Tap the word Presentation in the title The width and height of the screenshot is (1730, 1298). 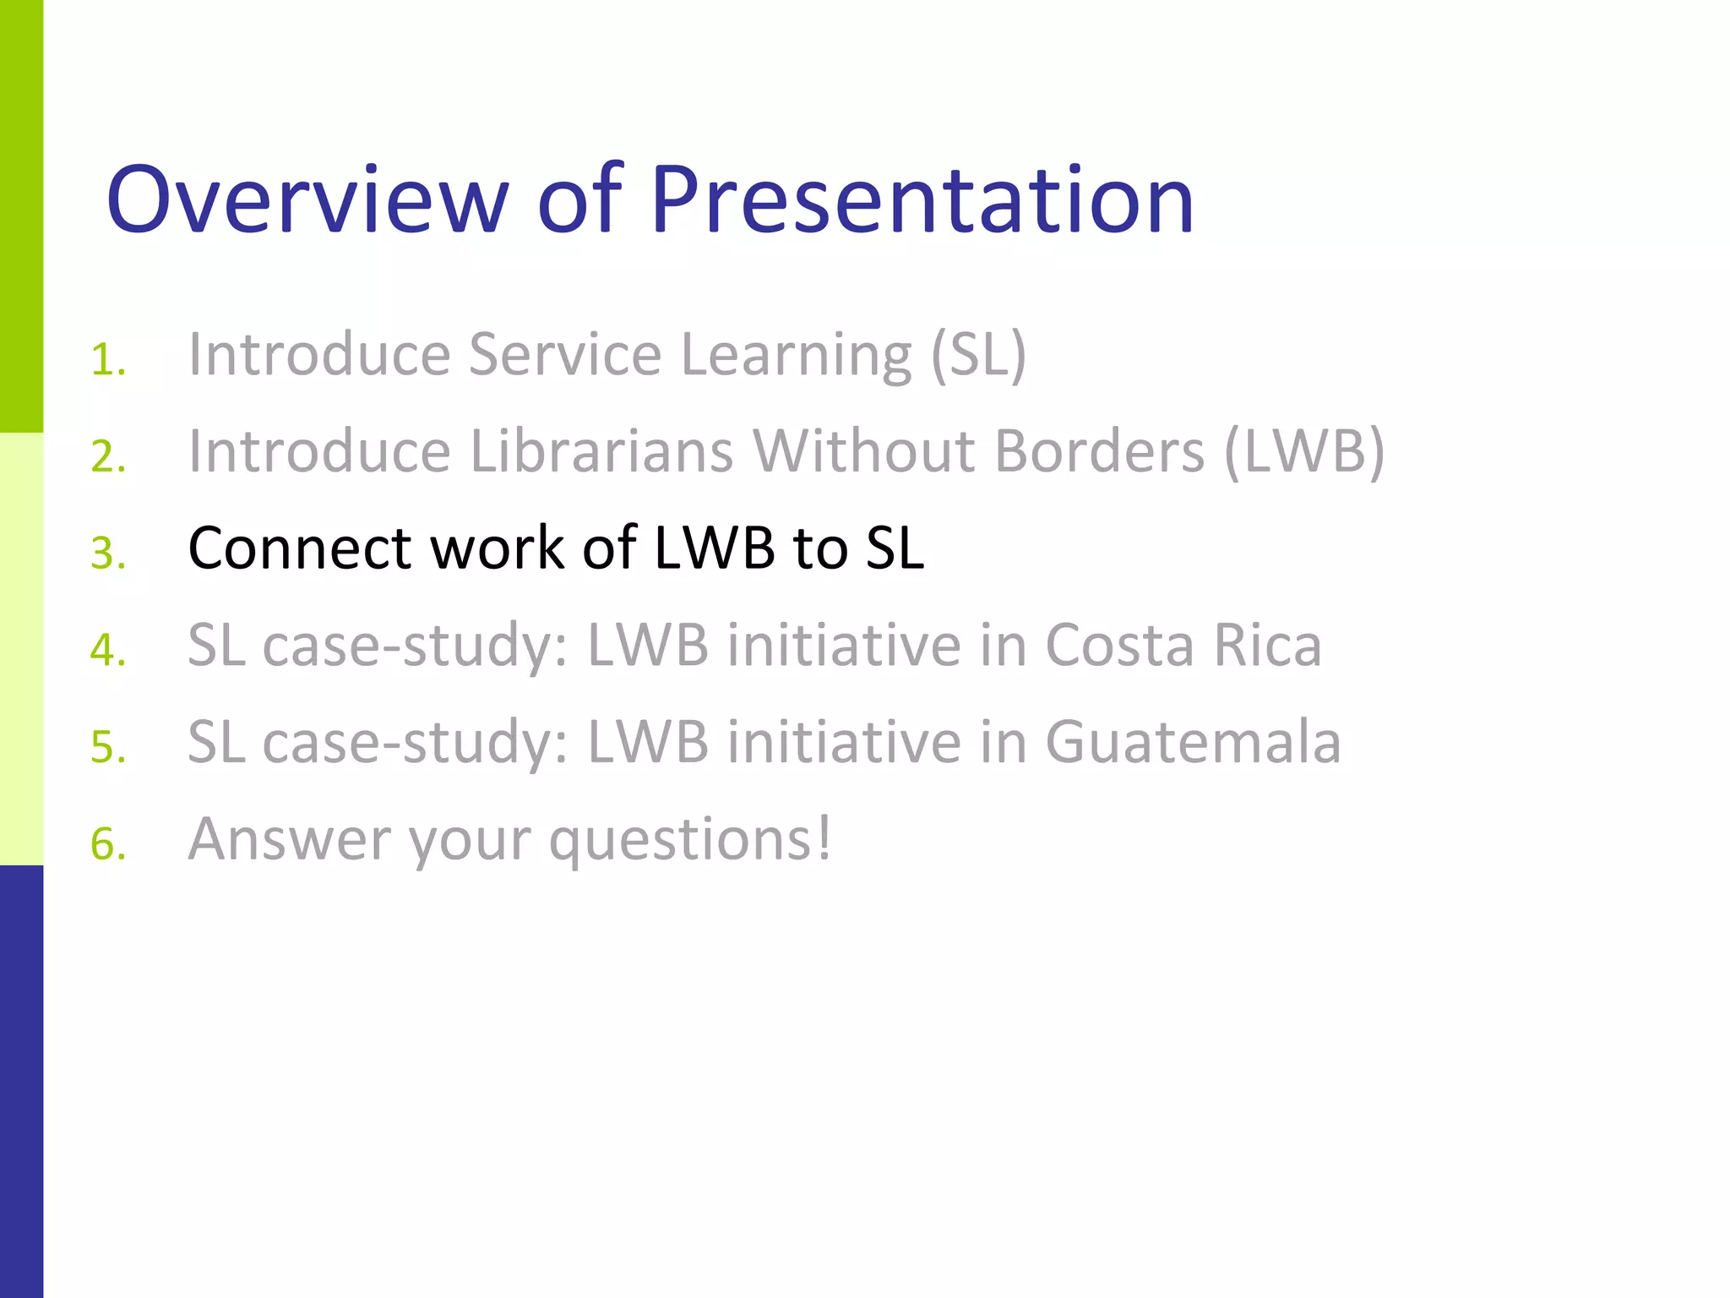point(922,199)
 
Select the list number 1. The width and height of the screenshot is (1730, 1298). point(107,360)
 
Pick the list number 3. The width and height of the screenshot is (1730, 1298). point(108,554)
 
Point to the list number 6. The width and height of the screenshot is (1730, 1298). point(108,844)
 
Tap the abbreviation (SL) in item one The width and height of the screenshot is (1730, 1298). point(978,354)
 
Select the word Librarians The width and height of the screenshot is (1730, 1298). point(601,451)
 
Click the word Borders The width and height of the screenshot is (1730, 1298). point(1099,451)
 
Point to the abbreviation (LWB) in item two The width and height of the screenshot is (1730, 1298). point(1304,451)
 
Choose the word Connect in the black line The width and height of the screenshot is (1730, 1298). point(299,548)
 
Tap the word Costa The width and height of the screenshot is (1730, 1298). point(1119,646)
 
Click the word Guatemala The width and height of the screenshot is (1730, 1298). point(1193,742)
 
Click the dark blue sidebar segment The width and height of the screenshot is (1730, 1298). point(21,1082)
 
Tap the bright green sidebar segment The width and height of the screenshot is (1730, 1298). point(21,216)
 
